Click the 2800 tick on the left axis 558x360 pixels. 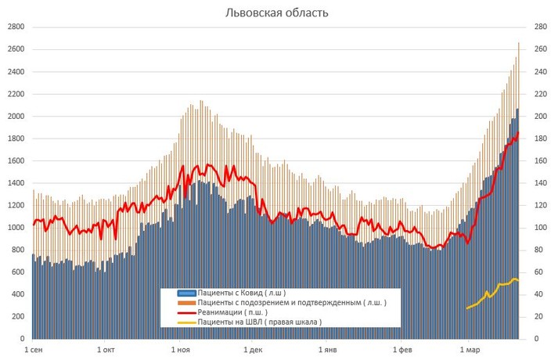point(16,27)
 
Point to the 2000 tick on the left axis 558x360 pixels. point(16,117)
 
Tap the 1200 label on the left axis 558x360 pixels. point(16,206)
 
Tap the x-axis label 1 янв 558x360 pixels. point(328,349)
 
